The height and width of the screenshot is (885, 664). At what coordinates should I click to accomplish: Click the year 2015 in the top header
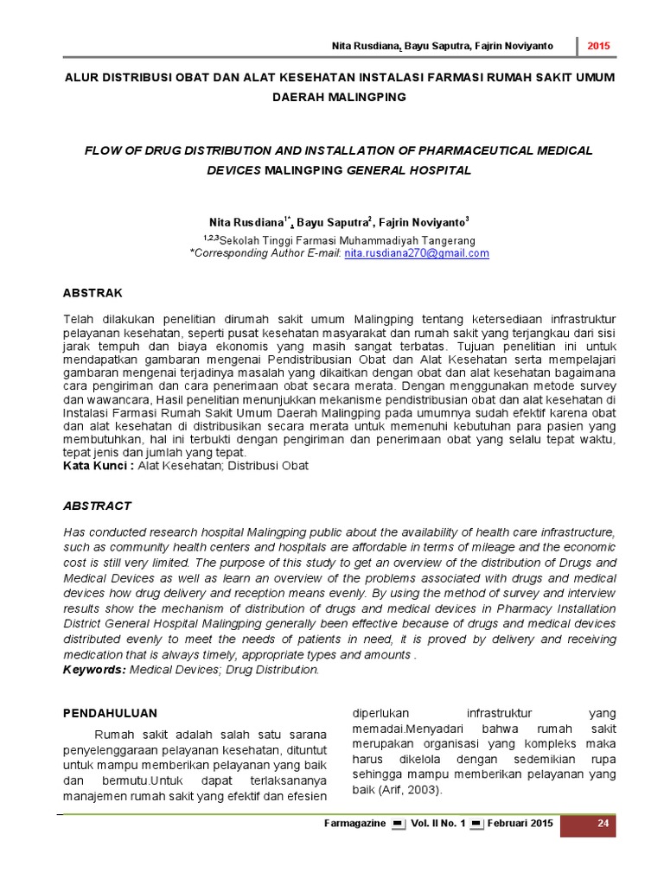599,45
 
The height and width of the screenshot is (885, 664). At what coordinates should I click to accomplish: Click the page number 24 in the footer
604,824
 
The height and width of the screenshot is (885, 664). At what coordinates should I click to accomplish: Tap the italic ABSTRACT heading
98,505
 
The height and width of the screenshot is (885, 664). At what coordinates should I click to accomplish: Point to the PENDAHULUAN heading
112,713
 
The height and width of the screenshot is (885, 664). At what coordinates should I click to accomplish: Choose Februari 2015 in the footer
520,824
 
